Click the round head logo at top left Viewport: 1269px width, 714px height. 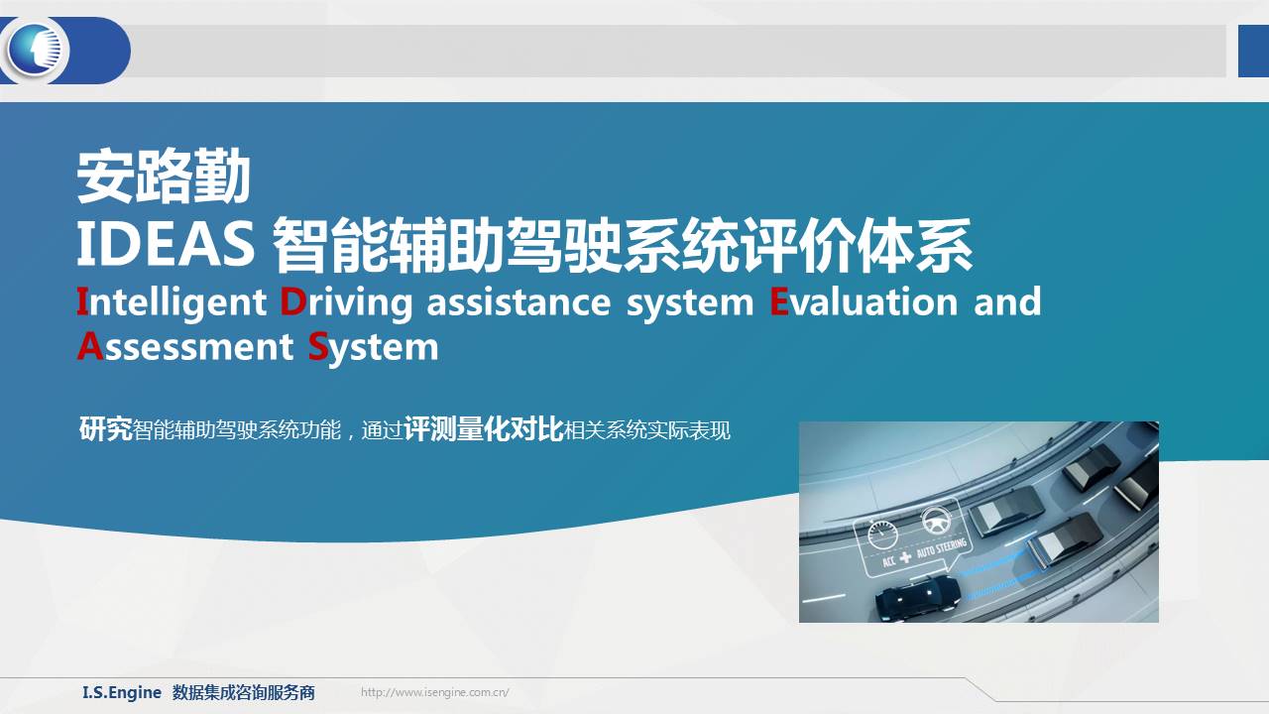pos(36,50)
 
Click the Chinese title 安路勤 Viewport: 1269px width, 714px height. pos(164,177)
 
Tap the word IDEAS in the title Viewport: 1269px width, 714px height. pos(166,244)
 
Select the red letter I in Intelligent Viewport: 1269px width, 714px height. pos(82,301)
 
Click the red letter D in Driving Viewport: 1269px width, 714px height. pos(293,301)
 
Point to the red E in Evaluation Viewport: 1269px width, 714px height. pos(779,301)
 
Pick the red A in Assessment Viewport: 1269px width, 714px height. pos(90,346)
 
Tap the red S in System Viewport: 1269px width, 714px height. pos(318,346)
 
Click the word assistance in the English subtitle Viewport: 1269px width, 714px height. pos(519,301)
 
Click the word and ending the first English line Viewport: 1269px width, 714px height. pos(1007,300)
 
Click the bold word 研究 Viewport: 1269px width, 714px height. pos(105,429)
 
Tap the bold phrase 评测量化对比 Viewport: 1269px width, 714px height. pos(484,429)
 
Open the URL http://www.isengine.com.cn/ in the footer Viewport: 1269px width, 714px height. pos(434,692)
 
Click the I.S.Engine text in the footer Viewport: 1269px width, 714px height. pos(122,692)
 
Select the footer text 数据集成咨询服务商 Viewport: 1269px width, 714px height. pos(244,692)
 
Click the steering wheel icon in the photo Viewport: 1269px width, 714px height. pos(936,521)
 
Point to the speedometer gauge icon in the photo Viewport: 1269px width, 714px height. pos(882,535)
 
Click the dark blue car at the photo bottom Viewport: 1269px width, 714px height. pos(918,597)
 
